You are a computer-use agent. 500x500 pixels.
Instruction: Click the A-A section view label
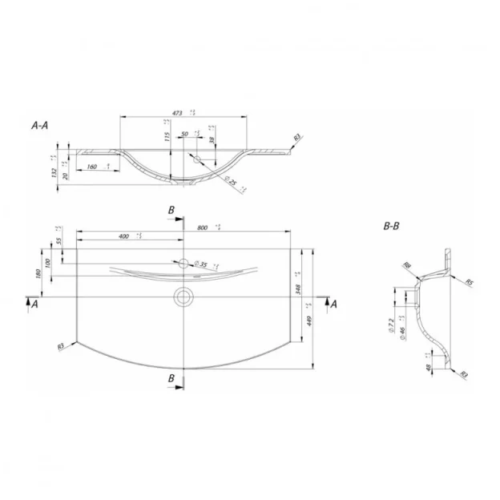pyautogui.click(x=39, y=126)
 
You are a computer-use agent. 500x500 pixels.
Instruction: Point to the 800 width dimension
pyautogui.click(x=202, y=228)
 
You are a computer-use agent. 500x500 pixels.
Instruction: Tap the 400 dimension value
pyautogui.click(x=124, y=237)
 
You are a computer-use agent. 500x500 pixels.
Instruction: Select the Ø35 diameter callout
pyautogui.click(x=201, y=264)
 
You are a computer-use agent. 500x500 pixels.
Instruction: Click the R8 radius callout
pyautogui.click(x=407, y=265)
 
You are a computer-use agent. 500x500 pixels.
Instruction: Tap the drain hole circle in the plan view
pyautogui.click(x=183, y=296)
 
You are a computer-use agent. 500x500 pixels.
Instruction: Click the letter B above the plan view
pyautogui.click(x=171, y=210)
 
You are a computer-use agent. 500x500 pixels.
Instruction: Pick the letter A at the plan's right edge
pyautogui.click(x=334, y=303)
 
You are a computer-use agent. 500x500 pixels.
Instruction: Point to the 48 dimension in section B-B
pyautogui.click(x=430, y=369)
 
